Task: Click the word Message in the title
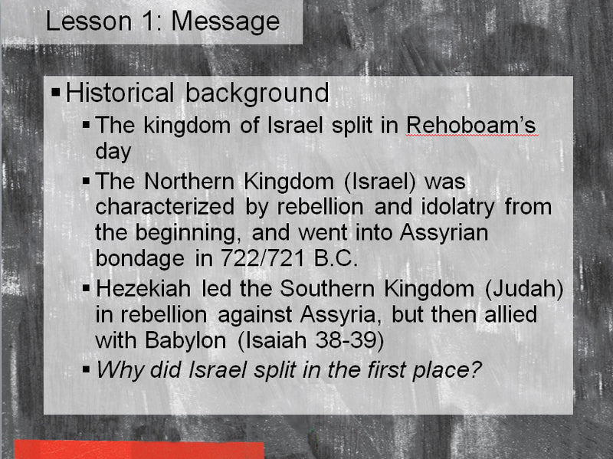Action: (x=225, y=21)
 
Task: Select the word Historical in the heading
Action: (x=121, y=93)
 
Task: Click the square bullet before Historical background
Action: (x=55, y=93)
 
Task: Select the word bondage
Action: (x=140, y=258)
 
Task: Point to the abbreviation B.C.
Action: (x=336, y=258)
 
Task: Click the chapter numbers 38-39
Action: (x=346, y=339)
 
